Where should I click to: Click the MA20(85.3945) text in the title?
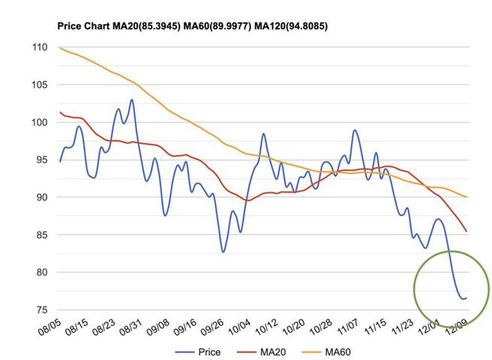point(160,26)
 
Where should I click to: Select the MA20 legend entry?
point(261,350)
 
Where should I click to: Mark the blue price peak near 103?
point(132,100)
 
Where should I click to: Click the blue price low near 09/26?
point(223,251)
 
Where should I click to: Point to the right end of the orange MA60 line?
point(466,197)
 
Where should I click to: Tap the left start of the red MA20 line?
point(60,112)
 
